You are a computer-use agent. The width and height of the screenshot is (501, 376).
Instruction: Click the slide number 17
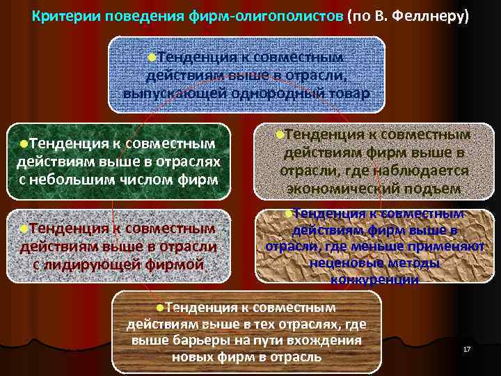coord(467,348)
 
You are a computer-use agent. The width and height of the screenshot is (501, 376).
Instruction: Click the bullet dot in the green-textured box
coord(24,143)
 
